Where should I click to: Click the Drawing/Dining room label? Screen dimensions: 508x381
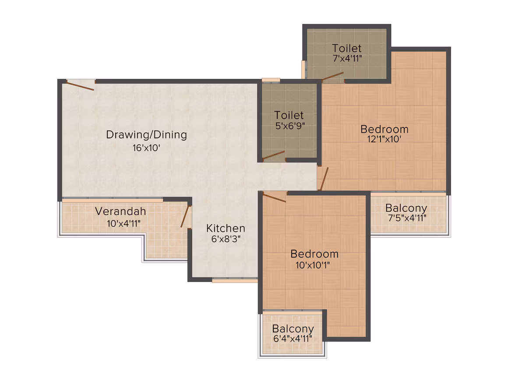146,135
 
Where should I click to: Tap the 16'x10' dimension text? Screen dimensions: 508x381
146,148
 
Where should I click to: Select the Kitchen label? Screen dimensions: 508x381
226,228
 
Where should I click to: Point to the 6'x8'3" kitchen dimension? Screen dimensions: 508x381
226,239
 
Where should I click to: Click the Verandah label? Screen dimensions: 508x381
120,211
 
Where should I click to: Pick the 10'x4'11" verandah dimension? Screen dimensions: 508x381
124,223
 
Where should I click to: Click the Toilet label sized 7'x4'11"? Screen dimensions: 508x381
347,48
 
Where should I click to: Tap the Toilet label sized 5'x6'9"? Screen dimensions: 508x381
289,115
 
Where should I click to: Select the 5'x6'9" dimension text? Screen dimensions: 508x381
290,126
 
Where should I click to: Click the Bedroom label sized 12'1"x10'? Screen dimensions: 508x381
385,129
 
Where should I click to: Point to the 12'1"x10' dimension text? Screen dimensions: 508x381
384,139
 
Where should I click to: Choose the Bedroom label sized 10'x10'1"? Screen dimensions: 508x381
314,254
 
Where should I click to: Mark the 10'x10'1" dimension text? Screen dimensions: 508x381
313,265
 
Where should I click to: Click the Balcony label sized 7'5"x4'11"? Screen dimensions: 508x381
406,208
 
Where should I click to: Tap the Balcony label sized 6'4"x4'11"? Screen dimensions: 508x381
293,329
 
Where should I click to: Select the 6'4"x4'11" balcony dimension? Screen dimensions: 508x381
293,339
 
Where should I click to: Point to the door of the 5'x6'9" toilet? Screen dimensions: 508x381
274,155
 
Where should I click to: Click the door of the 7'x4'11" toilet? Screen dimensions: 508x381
333,77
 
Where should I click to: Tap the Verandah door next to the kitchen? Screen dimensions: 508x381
185,216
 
